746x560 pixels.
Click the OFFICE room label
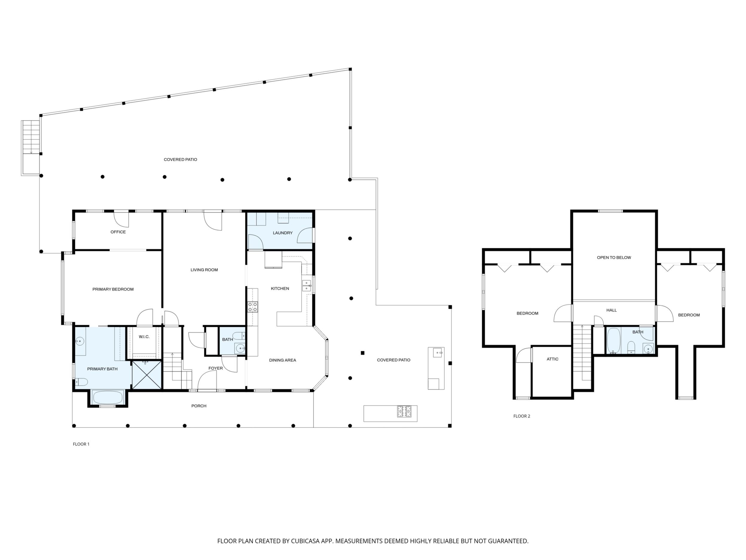pyautogui.click(x=118, y=232)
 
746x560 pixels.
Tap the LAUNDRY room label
pyautogui.click(x=283, y=233)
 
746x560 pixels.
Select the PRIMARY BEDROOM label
pyautogui.click(x=113, y=289)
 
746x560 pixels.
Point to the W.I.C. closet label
pyautogui.click(x=144, y=337)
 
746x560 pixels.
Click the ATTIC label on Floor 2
pyautogui.click(x=552, y=359)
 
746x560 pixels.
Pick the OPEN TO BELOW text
pyautogui.click(x=614, y=258)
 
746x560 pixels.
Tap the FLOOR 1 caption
pyautogui.click(x=81, y=444)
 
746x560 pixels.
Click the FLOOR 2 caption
pyautogui.click(x=522, y=416)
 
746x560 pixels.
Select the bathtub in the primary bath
pyautogui.click(x=108, y=397)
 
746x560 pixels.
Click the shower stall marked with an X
pyautogui.click(x=146, y=375)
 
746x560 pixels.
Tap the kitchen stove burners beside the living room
pyautogui.click(x=253, y=307)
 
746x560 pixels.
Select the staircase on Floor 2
pyautogui.click(x=582, y=352)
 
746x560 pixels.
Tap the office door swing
pyautogui.click(x=121, y=219)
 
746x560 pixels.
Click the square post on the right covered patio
pyautogui.click(x=363, y=353)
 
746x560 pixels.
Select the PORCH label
pyautogui.click(x=199, y=406)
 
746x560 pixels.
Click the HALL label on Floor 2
pyautogui.click(x=612, y=310)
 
